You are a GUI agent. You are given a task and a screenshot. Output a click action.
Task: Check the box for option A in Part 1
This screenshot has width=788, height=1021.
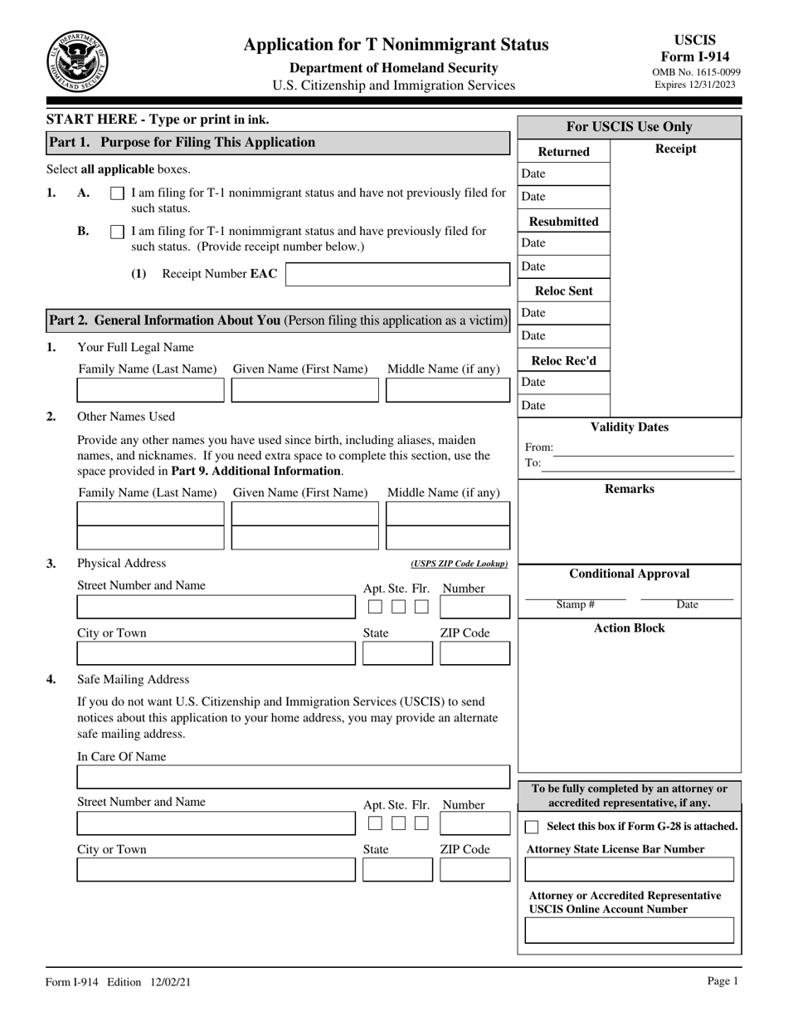[118, 193]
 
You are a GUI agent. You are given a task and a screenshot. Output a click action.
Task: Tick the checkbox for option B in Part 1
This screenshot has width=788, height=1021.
[118, 232]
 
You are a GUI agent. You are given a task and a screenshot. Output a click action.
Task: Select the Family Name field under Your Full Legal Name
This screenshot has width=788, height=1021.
[150, 390]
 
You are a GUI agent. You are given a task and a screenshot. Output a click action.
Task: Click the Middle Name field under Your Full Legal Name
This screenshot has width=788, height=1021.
[448, 390]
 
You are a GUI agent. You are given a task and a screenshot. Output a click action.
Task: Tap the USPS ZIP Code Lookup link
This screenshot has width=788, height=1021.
[459, 564]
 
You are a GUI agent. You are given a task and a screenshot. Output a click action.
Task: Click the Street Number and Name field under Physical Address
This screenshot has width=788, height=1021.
[214, 607]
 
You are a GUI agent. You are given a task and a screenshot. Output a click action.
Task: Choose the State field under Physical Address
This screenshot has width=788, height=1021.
[397, 653]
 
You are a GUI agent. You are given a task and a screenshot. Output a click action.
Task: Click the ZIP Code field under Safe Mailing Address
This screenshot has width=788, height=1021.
[474, 869]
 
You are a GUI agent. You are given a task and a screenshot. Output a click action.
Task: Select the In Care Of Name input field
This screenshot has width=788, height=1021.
[293, 777]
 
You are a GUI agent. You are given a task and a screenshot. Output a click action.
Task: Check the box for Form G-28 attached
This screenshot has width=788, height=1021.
[533, 827]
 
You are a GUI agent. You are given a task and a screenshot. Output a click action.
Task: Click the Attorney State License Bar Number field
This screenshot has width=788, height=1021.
[630, 869]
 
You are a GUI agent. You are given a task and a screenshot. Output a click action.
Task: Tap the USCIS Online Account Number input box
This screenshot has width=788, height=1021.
[630, 931]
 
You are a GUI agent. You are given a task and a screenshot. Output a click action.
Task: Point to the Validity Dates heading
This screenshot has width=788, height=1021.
[629, 427]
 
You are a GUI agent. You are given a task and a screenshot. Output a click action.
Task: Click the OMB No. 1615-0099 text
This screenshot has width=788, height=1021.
[697, 72]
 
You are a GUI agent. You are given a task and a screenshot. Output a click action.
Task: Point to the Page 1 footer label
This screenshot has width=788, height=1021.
[722, 981]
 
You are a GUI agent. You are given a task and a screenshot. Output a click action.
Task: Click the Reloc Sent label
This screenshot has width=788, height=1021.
[563, 291]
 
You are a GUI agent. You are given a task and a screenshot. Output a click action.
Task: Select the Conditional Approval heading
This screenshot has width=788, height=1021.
[629, 574]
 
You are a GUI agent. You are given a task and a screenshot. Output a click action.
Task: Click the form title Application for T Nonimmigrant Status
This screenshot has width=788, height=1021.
[396, 45]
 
